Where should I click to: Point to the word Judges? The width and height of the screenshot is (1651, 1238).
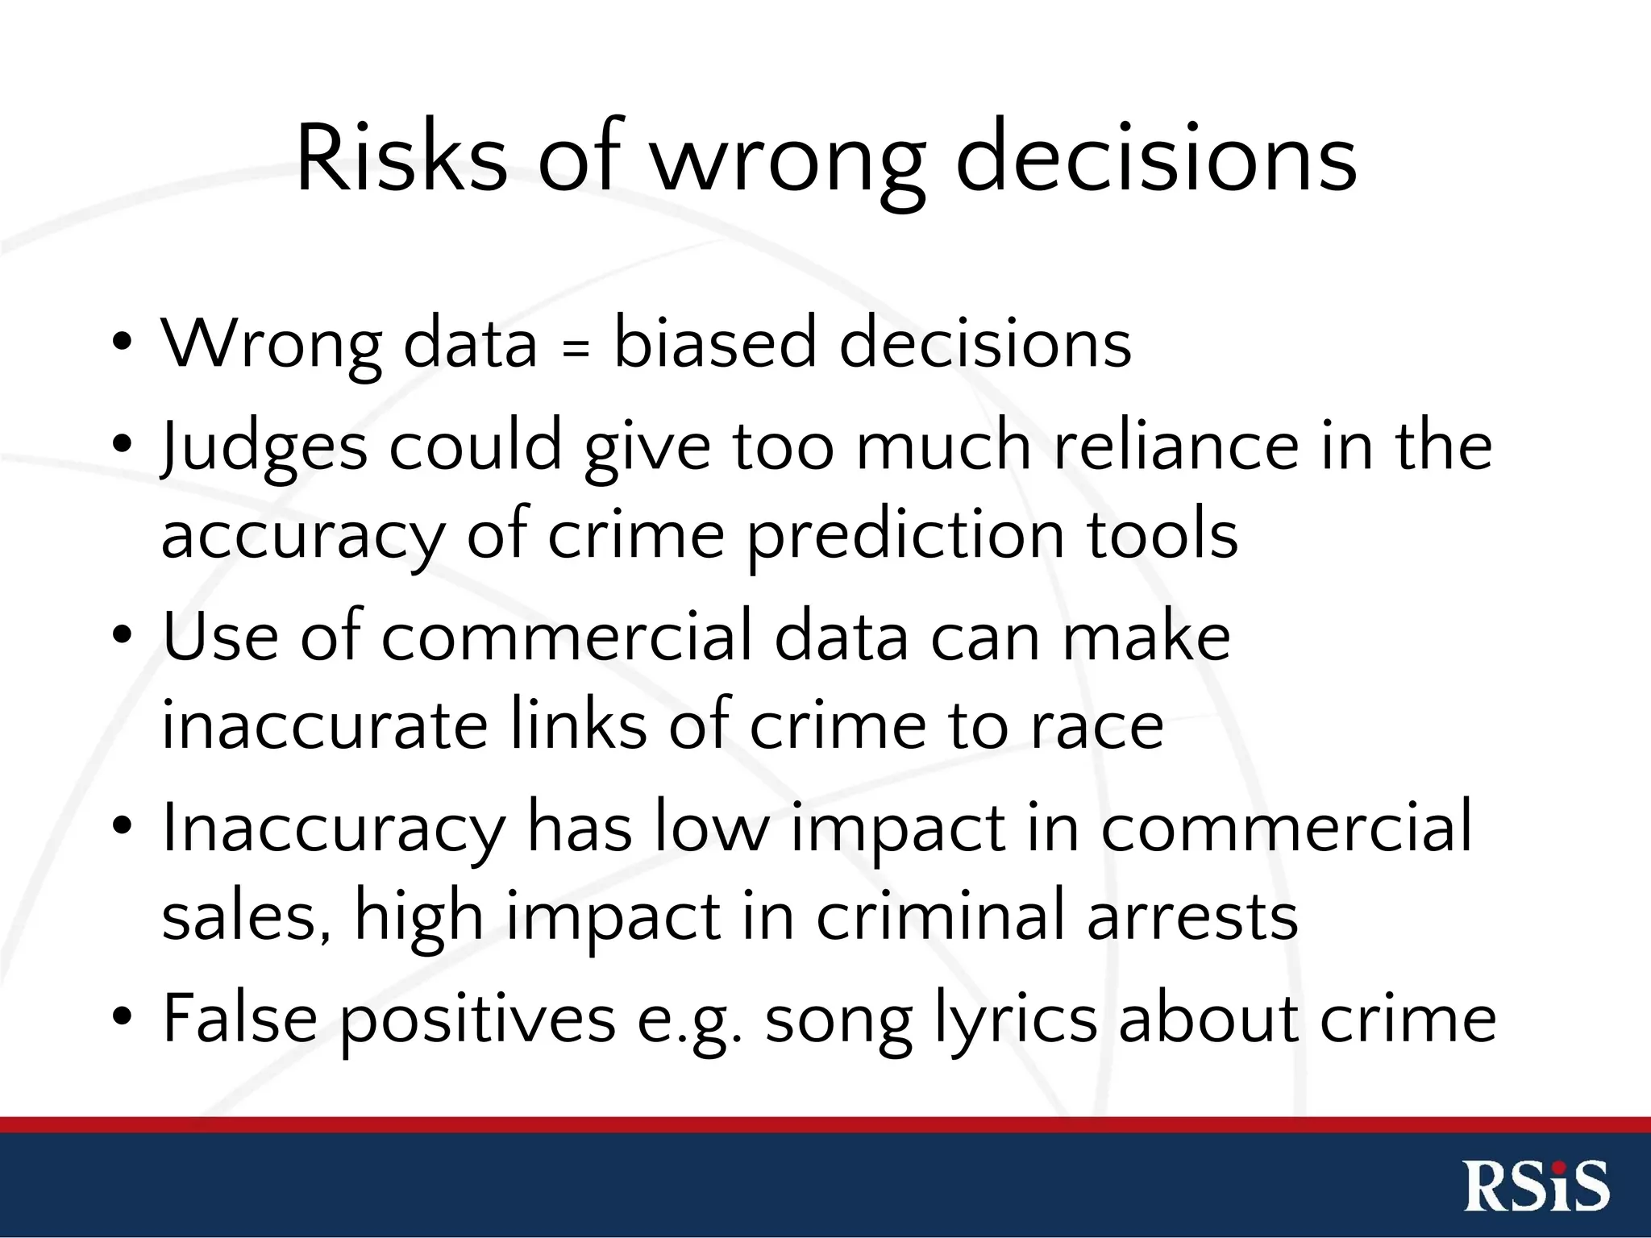[264, 448]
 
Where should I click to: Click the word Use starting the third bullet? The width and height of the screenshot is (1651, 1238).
[220, 635]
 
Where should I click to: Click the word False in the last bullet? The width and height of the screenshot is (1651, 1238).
[239, 1017]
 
